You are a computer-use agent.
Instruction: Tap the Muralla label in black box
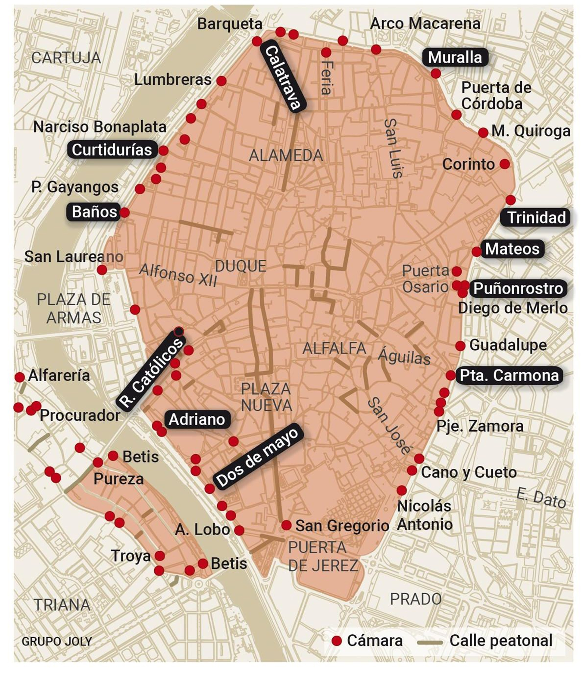tap(455, 57)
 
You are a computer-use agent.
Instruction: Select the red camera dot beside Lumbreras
tap(221, 81)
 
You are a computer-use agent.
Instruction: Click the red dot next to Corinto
tap(505, 164)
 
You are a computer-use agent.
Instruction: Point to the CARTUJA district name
tap(66, 58)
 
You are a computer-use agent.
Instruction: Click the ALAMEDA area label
tap(286, 156)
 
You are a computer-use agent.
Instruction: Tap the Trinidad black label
tap(536, 217)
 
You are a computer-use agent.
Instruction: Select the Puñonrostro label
tap(518, 288)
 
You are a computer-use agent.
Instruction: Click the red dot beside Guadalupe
tap(460, 345)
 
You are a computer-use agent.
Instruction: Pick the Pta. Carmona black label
tap(509, 376)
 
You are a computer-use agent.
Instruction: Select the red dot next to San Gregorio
tap(286, 525)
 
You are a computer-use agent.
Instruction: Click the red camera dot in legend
tap(336, 641)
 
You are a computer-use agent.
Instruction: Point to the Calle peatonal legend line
tap(430, 642)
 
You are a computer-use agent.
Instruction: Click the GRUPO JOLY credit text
tap(57, 641)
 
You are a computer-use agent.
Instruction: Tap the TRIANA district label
tap(62, 605)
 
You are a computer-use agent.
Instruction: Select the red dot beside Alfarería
tap(19, 377)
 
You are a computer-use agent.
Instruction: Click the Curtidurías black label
tap(112, 150)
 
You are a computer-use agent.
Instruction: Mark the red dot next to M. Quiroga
tap(483, 132)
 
